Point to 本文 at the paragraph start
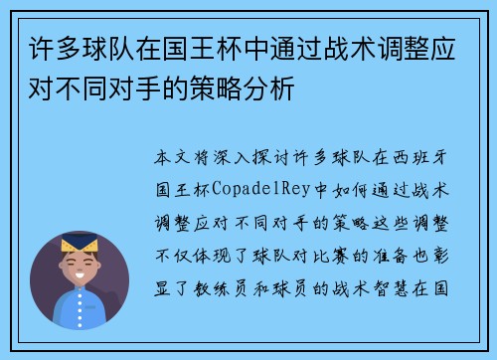point(170,158)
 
